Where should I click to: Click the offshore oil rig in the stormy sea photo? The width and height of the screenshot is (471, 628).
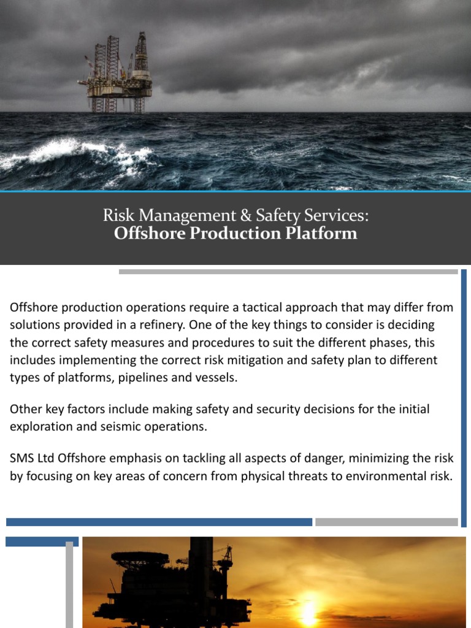(x=117, y=74)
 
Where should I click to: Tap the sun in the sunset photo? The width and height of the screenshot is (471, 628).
(x=308, y=611)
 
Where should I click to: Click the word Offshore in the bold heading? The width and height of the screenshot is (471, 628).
(x=144, y=234)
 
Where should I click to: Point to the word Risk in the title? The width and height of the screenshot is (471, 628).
(x=115, y=215)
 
